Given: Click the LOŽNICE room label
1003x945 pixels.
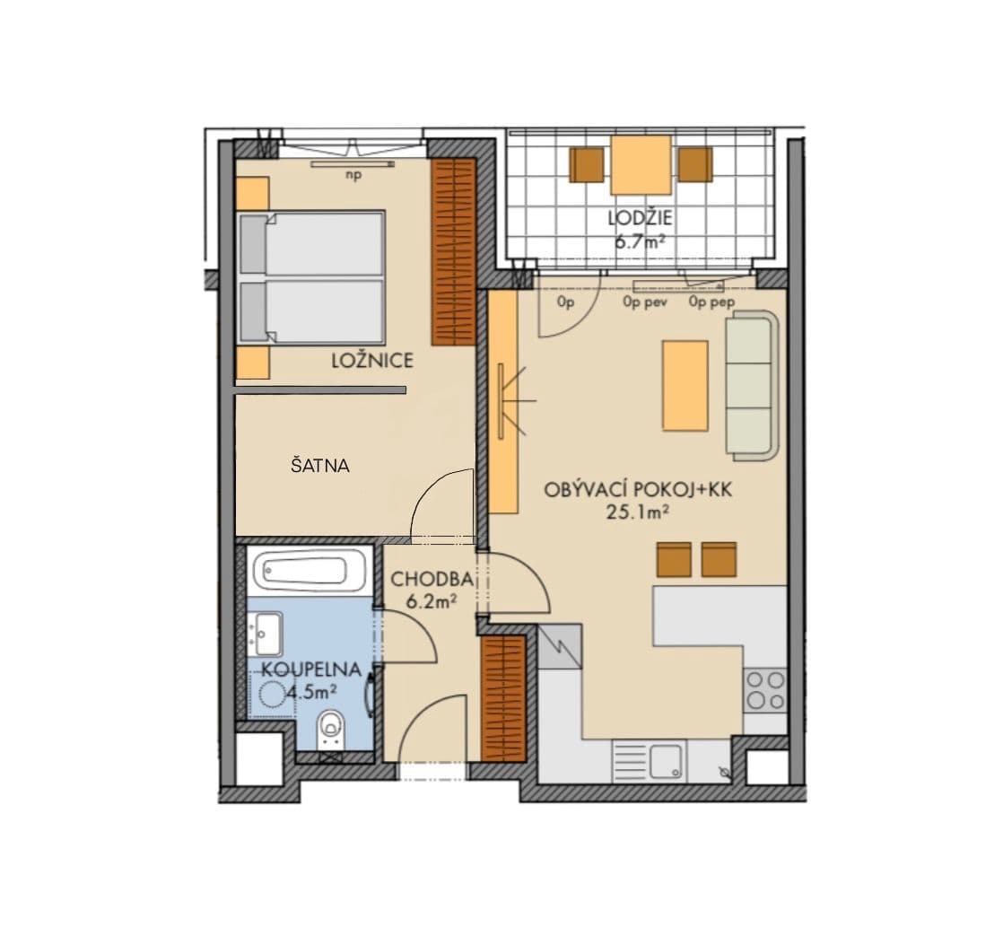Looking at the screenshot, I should pyautogui.click(x=371, y=361).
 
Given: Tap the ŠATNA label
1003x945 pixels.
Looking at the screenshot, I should pyautogui.click(x=319, y=466).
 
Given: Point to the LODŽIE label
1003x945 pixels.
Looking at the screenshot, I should pyautogui.click(x=640, y=217).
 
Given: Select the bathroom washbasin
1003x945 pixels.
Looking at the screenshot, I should pyautogui.click(x=267, y=633).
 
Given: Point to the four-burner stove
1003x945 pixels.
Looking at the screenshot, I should pyautogui.click(x=765, y=690).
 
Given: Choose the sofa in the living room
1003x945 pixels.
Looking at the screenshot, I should pyautogui.click(x=749, y=386).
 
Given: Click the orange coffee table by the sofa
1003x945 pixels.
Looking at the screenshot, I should pyautogui.click(x=685, y=385).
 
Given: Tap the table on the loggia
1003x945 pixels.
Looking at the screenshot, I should pyautogui.click(x=641, y=164).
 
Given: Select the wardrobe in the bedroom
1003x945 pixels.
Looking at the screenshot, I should pyautogui.click(x=453, y=252).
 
